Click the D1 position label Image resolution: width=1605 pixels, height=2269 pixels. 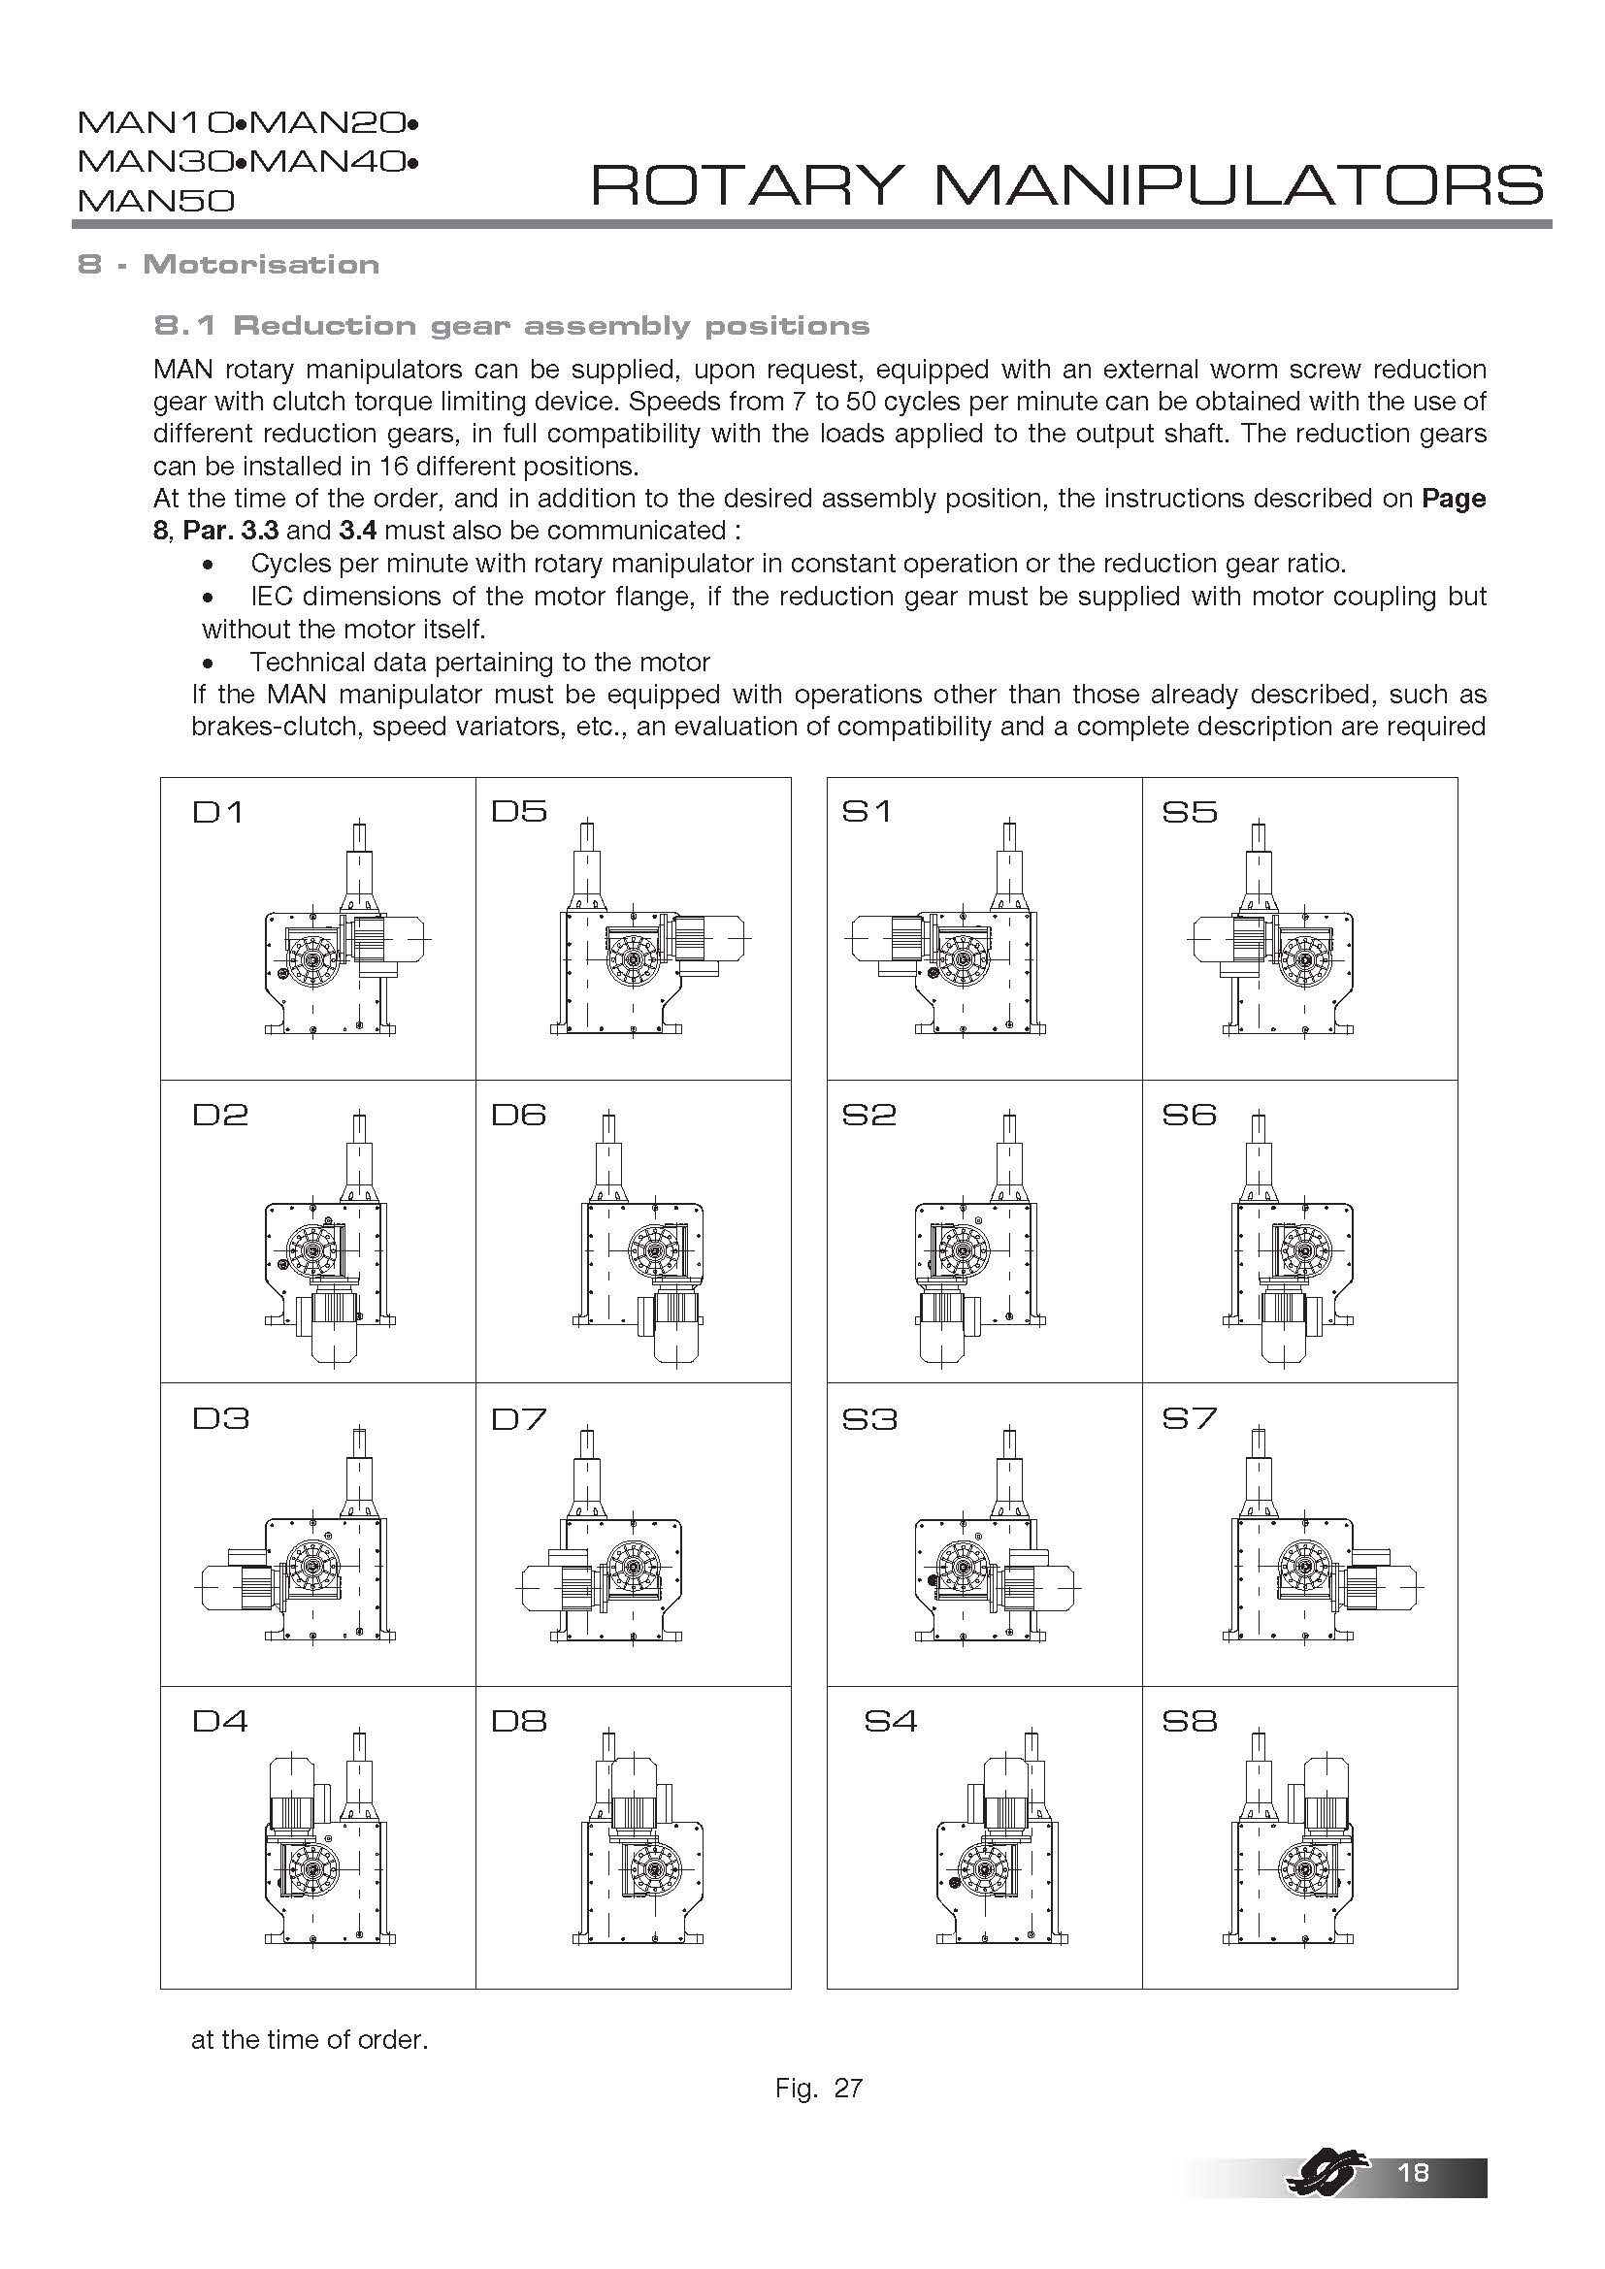pos(217,813)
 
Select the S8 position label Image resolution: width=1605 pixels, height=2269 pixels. pos(1189,1722)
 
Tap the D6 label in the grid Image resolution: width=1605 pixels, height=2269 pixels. pos(519,1116)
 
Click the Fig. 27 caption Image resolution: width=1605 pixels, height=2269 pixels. pos(818,2089)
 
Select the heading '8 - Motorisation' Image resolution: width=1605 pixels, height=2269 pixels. pos(228,265)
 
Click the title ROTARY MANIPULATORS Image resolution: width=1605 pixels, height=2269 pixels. pos(1066,185)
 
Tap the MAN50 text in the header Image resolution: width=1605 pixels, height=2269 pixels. pos(156,202)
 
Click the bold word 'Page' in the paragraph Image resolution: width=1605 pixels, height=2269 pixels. pos(1453,499)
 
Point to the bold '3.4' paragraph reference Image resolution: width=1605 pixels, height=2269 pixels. pos(358,531)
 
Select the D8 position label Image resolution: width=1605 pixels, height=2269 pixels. pos(519,1722)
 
